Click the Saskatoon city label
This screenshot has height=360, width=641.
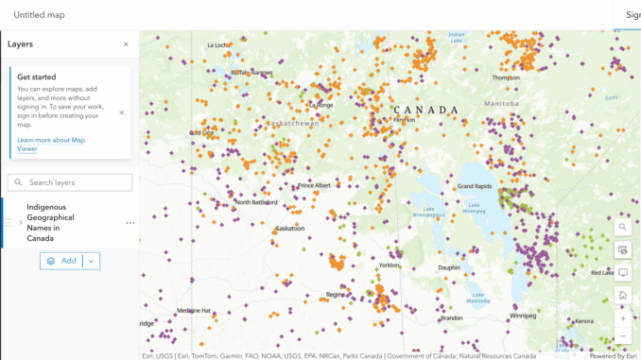289,229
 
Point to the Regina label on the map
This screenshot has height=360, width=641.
336,295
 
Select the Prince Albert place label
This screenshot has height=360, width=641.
315,186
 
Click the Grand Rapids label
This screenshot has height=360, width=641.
477,187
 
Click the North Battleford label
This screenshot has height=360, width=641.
256,202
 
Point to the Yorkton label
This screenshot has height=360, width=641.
390,266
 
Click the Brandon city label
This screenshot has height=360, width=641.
451,318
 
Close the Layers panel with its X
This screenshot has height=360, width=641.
126,44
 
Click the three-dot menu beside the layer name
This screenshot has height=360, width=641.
130,223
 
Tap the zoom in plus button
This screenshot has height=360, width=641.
622,318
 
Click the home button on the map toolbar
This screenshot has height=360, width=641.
622,296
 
